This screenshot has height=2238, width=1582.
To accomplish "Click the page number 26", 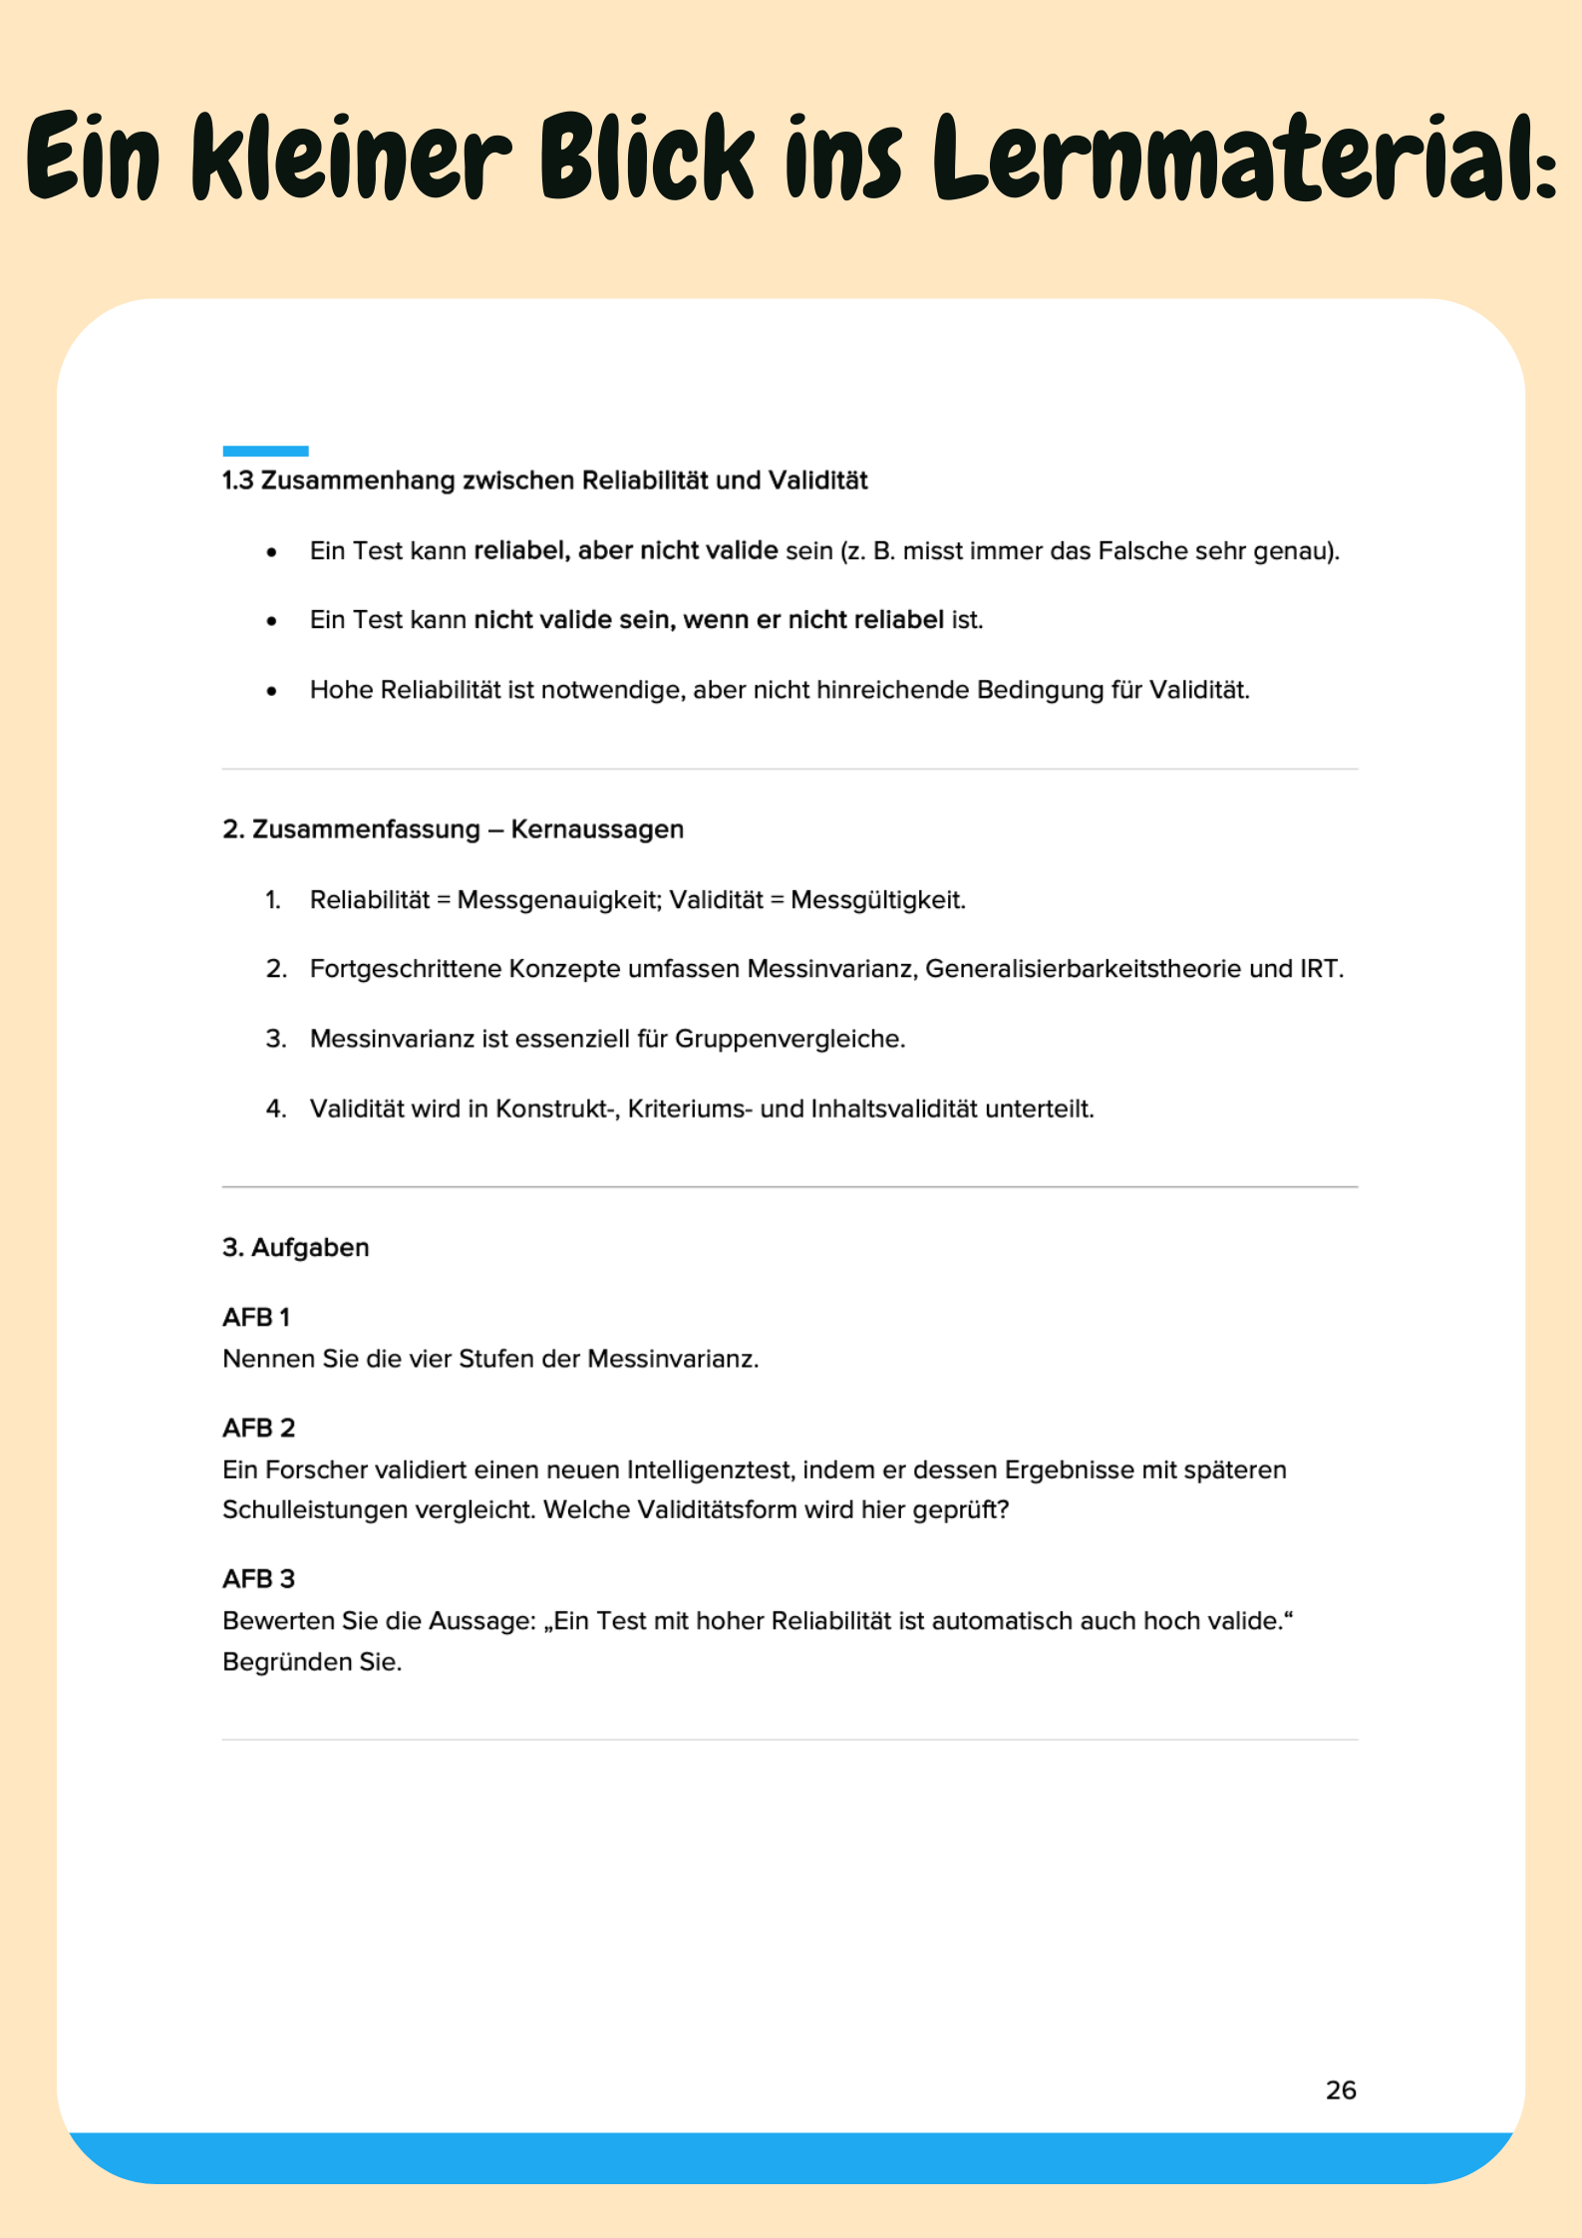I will tap(1341, 2089).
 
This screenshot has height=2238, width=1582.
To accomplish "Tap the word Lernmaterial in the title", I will tap(1243, 158).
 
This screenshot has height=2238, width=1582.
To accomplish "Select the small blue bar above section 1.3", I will tap(265, 451).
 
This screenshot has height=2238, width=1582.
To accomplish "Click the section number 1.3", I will tap(238, 480).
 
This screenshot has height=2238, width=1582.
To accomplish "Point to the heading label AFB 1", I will tap(256, 1317).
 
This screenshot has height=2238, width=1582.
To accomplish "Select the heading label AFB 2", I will tap(258, 1428).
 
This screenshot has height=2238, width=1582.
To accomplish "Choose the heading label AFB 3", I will tap(258, 1578).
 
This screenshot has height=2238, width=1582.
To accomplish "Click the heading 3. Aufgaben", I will tap(295, 1247).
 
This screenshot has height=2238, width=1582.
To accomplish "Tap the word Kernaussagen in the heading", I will tap(597, 829).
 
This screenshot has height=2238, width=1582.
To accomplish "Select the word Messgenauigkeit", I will tap(559, 900).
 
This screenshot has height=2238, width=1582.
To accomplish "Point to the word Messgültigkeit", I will tap(877, 900).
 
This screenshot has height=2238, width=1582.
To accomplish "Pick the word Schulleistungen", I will tap(315, 1509).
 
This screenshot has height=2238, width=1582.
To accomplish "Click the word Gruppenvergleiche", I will tap(790, 1039).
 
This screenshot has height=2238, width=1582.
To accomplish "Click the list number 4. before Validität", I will tap(275, 1109).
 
